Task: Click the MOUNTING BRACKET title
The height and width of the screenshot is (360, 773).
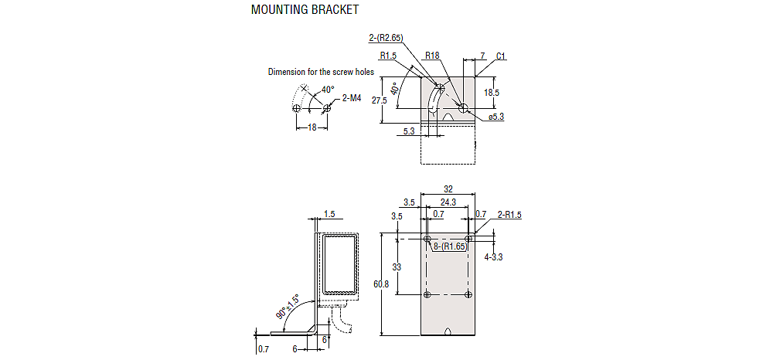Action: coord(305,10)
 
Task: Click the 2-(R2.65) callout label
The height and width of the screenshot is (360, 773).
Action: coord(387,36)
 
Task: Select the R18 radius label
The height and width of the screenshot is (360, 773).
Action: coord(432,56)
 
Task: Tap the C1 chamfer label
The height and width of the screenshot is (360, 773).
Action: coord(501,56)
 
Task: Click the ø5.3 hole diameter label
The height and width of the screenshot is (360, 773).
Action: coord(496,117)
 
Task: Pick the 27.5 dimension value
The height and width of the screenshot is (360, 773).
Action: coord(379,100)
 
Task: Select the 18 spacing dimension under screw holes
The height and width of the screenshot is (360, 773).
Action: coord(312,127)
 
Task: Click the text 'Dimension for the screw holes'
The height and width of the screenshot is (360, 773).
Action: coord(321,72)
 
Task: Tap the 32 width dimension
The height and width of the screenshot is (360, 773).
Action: coord(448,188)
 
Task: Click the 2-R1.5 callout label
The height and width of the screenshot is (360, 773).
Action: coord(509,214)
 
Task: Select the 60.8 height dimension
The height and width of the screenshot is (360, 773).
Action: coord(380,284)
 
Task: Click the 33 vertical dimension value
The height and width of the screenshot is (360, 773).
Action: coord(397,267)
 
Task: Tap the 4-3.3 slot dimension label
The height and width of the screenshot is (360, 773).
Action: coord(493,256)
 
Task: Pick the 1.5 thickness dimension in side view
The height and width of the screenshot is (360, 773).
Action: coord(329,213)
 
